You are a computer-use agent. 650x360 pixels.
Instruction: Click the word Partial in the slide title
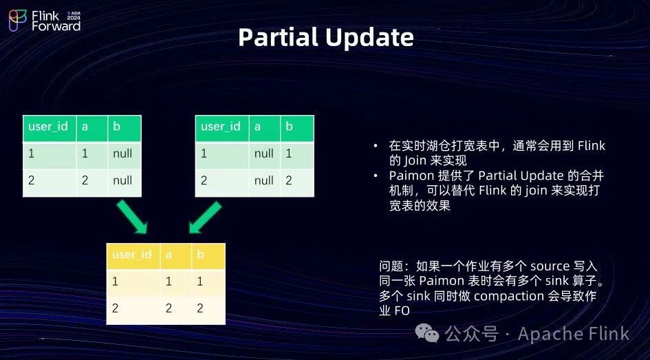[278, 37]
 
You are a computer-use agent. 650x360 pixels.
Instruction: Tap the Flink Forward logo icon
[18, 21]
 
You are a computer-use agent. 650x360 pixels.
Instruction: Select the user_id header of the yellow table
[132, 254]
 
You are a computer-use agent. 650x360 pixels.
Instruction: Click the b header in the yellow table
[200, 254]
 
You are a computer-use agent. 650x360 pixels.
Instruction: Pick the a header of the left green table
[85, 127]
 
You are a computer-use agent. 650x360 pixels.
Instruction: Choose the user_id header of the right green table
[221, 126]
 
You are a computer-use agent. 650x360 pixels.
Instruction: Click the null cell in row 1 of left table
[122, 153]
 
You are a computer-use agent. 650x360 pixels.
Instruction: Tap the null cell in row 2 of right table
[264, 180]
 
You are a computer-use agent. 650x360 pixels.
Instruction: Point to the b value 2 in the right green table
[289, 180]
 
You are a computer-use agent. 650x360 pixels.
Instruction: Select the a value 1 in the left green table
[85, 153]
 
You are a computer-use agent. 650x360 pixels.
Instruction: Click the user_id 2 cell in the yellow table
[115, 308]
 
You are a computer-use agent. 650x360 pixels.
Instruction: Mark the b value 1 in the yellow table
[199, 282]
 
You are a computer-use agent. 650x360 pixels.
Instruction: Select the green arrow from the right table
[205, 217]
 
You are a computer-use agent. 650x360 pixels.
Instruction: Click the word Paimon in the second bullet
[411, 176]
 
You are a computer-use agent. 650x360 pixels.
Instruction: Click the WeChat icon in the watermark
[427, 333]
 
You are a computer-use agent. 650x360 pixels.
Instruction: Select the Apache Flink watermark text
[574, 333]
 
